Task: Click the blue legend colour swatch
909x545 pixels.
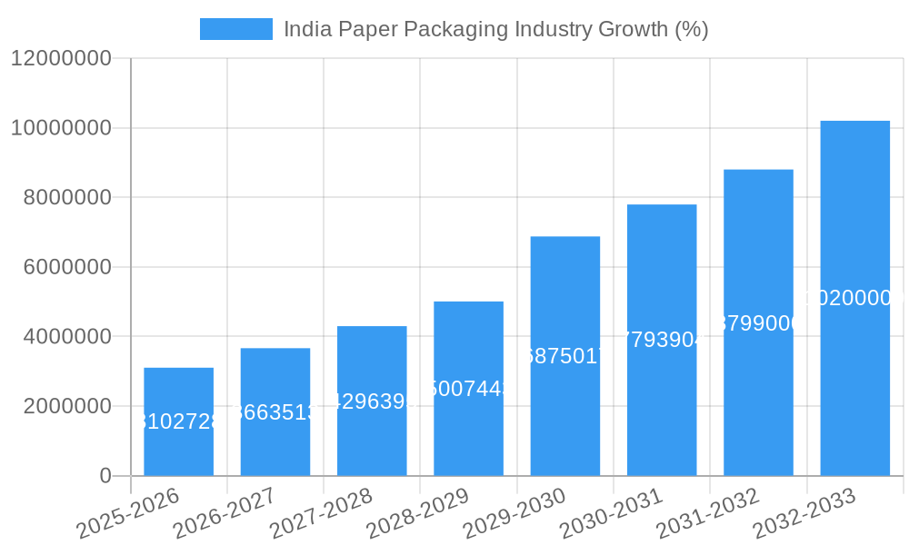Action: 236,29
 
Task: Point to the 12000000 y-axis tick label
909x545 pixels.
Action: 61,59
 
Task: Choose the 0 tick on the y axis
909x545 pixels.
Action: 105,476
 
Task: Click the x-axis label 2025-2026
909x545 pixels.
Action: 129,513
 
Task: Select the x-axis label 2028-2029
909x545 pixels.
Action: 419,513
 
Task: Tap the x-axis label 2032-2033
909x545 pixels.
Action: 805,513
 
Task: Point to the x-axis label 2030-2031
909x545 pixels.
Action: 612,513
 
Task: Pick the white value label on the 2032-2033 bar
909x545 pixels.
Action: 854,298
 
